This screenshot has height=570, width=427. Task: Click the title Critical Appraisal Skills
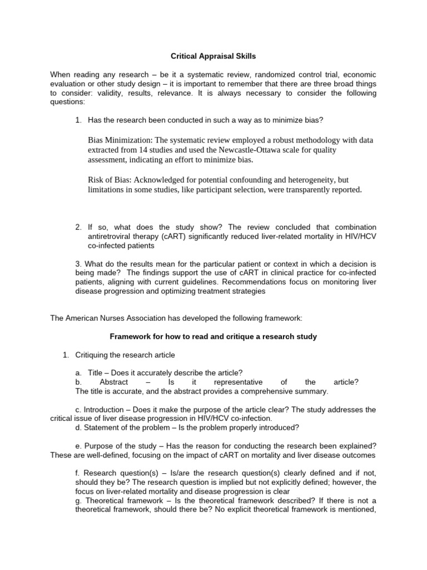pyautogui.click(x=213, y=56)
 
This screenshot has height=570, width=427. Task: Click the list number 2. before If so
pyautogui.click(x=78, y=227)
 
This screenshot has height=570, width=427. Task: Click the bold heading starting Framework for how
pyautogui.click(x=213, y=336)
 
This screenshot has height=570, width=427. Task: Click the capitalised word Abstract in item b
pyautogui.click(x=114, y=382)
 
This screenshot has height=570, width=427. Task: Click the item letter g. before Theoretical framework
pyautogui.click(x=78, y=491)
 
